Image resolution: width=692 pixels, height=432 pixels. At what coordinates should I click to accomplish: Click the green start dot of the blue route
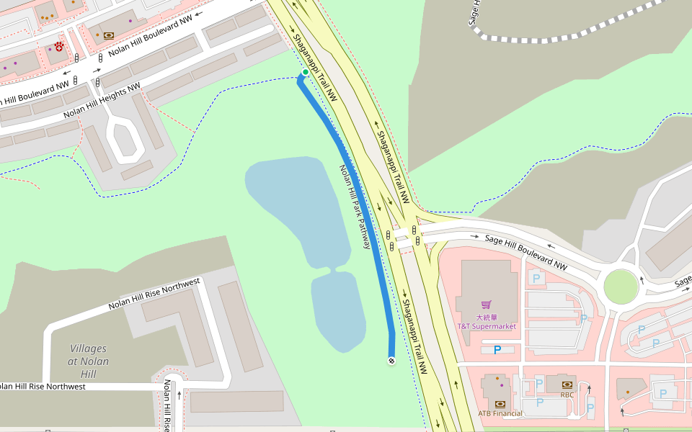[x=306, y=72]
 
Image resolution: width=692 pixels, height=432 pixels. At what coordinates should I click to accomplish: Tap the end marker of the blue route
[x=391, y=360]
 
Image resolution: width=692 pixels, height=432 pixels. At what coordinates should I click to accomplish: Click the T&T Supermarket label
[x=487, y=326]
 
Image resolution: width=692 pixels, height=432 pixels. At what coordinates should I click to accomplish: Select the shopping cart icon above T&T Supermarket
[x=487, y=305]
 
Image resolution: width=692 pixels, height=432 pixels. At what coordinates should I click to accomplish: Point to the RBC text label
[x=567, y=395]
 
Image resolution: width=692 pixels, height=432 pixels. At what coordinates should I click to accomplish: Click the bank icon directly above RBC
[x=567, y=384]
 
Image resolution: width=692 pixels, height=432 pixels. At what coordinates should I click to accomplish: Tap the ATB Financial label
[x=500, y=413]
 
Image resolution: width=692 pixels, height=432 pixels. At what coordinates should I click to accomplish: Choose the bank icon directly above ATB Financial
[x=500, y=403]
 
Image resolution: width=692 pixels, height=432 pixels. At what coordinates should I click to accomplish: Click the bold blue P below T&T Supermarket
[x=497, y=350]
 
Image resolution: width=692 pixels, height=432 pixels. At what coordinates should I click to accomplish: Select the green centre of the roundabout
[x=621, y=287]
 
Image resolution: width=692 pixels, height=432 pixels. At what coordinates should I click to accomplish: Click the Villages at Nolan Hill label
[x=88, y=361]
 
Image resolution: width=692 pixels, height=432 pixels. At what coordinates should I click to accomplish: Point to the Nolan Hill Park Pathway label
[x=355, y=207]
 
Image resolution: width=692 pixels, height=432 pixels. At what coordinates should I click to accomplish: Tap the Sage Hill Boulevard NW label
[x=525, y=252]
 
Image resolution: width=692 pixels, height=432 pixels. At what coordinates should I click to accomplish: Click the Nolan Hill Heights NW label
[x=102, y=102]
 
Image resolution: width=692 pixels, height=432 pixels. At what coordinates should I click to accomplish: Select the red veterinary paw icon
[x=59, y=47]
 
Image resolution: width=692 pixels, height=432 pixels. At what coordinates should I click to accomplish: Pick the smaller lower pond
[x=337, y=310]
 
